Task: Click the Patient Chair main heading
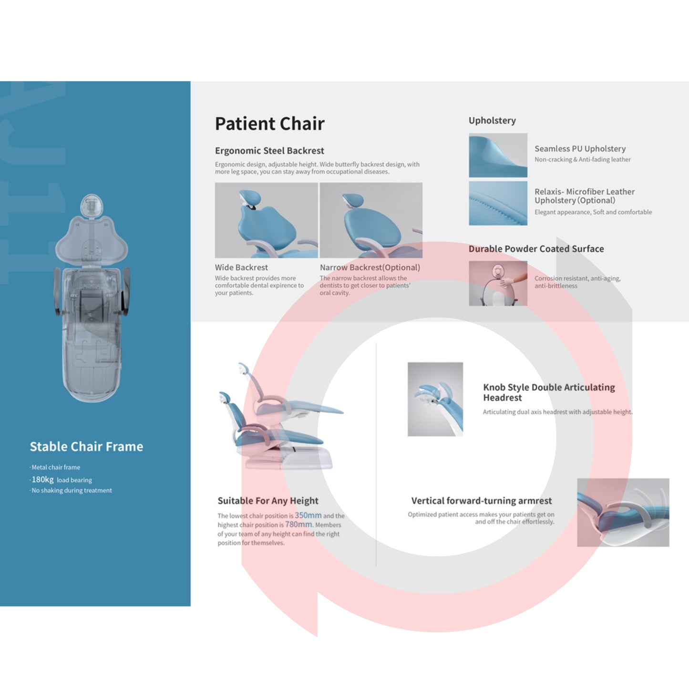269,123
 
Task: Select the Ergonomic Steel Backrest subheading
269,151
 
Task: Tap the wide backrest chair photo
267,220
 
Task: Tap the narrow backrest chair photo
371,220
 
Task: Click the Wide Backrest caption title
241,267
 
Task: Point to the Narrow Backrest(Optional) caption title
370,267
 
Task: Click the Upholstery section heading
492,121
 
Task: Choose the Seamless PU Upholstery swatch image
498,155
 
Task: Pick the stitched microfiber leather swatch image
498,203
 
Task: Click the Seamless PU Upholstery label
580,149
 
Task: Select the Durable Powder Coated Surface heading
536,249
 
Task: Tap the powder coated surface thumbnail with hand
498,283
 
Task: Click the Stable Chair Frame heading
86,447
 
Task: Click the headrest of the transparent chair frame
92,206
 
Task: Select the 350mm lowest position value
308,515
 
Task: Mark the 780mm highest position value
298,524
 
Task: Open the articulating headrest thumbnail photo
435,400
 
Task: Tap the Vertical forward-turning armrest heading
481,501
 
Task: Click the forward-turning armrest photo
623,513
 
